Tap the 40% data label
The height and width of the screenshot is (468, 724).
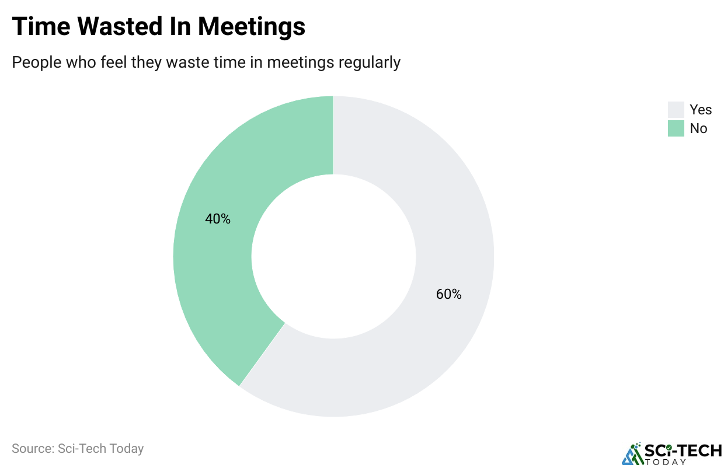pos(218,219)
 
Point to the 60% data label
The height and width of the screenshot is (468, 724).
pos(448,295)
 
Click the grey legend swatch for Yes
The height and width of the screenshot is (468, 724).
pos(676,110)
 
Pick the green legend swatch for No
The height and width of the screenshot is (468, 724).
pos(676,128)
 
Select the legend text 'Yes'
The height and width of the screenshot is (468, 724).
pos(701,110)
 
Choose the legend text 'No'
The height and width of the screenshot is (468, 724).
pos(698,128)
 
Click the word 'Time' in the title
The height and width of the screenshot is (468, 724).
pos(41,26)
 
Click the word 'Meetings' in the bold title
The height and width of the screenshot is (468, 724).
pos(252,26)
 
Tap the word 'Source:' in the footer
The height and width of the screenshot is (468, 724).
pos(33,449)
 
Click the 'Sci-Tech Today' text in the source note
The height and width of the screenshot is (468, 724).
pos(100,449)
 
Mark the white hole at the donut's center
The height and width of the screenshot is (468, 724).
pos(333,257)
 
